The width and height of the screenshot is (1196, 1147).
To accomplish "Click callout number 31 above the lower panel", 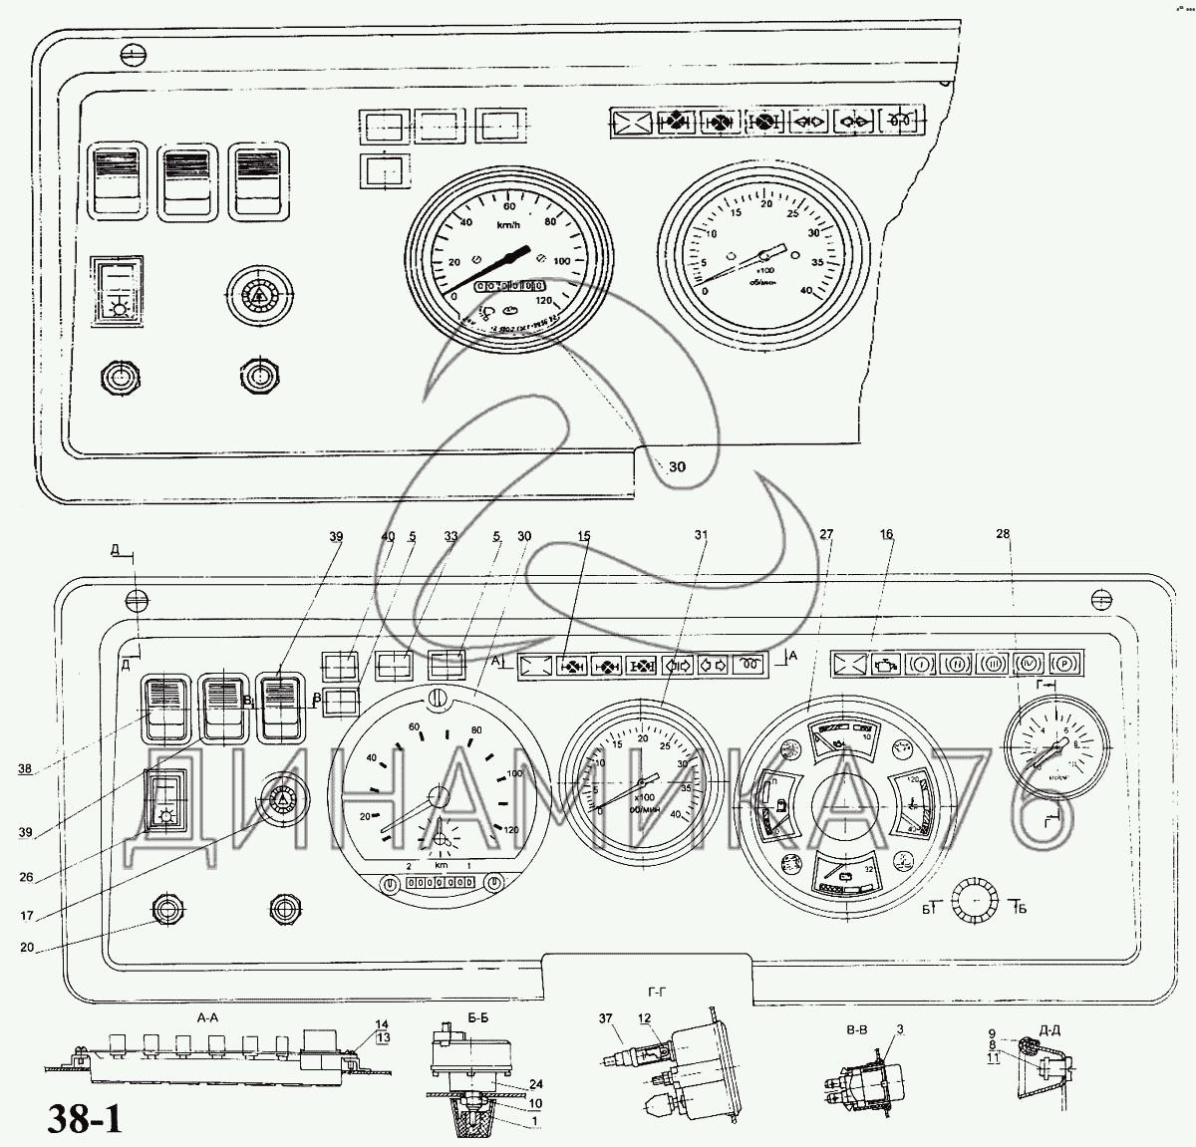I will [x=702, y=536].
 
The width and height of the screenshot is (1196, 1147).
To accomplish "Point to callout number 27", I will [x=826, y=535].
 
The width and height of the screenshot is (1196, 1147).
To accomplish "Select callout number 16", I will [x=887, y=535].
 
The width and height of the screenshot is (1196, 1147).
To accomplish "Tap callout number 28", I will [x=1003, y=534].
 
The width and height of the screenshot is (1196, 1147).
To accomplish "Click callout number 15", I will [x=584, y=536].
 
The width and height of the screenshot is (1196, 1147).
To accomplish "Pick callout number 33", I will [x=451, y=536].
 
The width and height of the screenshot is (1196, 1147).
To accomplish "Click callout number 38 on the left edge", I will [x=25, y=768].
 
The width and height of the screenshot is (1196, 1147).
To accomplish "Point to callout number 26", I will [x=25, y=877].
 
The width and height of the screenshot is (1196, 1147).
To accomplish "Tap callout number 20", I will [x=25, y=948].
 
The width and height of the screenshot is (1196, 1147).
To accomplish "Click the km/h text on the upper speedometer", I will [x=509, y=225].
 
